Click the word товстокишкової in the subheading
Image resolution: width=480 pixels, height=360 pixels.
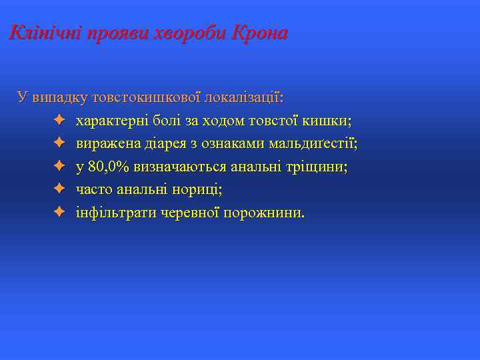146,98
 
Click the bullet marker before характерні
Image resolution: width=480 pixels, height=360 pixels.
59,121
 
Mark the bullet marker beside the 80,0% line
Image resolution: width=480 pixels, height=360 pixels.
59,167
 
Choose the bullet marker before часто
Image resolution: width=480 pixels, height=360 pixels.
59,190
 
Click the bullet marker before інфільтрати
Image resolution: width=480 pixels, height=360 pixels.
59,213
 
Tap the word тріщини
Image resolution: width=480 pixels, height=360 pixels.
319,167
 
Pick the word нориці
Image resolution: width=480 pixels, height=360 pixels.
199,190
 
